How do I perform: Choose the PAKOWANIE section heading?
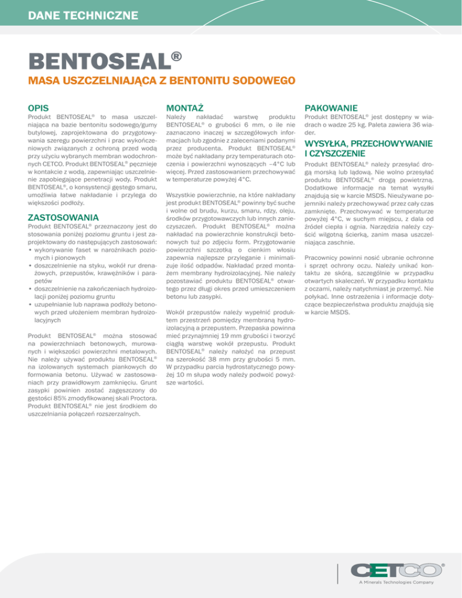[331, 106]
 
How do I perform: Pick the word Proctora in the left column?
[141, 397]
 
